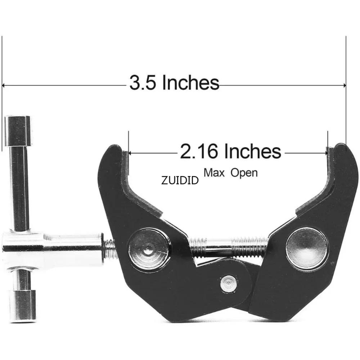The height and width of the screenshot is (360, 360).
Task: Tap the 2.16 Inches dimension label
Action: (x=230, y=152)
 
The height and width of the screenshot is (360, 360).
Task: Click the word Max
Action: (x=214, y=172)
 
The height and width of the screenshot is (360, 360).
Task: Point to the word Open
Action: (x=244, y=172)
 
